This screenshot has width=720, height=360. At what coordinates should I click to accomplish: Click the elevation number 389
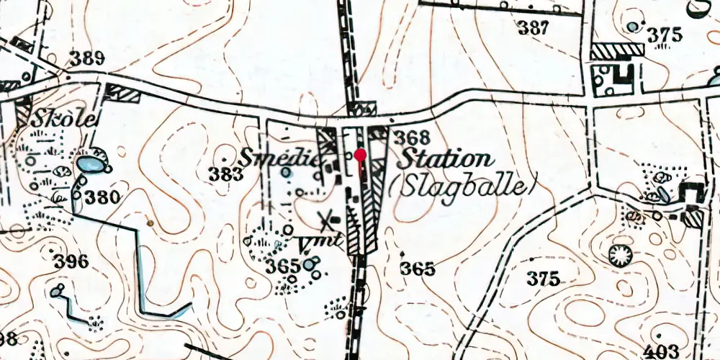click(x=87, y=59)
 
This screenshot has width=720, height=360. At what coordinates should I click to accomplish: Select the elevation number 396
click(x=70, y=261)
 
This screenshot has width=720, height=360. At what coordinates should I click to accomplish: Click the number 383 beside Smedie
click(x=225, y=173)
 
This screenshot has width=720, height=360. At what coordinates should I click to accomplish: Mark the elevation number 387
click(x=534, y=29)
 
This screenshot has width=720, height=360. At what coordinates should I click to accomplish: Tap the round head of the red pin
click(x=361, y=154)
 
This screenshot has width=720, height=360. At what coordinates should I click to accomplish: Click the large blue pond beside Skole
click(x=91, y=165)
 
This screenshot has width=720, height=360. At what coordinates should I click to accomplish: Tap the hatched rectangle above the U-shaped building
click(x=616, y=50)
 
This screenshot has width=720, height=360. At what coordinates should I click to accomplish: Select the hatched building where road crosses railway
click(x=361, y=110)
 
